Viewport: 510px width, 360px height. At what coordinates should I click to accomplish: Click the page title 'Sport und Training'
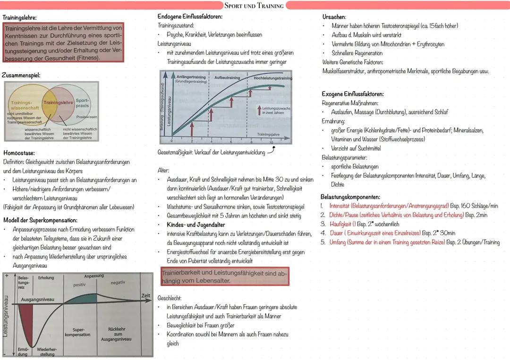(x=254, y=6)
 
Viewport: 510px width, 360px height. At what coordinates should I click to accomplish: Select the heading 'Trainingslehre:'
(x=20, y=17)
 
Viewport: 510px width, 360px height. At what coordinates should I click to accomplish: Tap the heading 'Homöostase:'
(x=19, y=153)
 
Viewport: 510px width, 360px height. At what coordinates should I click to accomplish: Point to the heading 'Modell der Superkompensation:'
(x=40, y=220)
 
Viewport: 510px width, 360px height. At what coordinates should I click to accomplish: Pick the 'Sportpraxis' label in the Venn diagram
(x=82, y=103)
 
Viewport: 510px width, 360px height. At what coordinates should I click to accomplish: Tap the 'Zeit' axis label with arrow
(x=145, y=295)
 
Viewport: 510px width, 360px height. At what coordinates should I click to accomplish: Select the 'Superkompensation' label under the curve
(x=78, y=332)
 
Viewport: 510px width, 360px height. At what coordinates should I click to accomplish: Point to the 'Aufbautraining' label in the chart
(x=227, y=78)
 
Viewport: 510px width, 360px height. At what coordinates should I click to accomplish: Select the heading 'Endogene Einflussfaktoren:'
(x=190, y=17)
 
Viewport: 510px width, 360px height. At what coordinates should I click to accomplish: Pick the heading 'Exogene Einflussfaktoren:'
(x=353, y=94)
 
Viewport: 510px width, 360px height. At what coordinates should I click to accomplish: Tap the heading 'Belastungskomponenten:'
(x=350, y=197)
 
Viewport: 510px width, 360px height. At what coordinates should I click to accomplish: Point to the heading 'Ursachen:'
(x=334, y=17)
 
